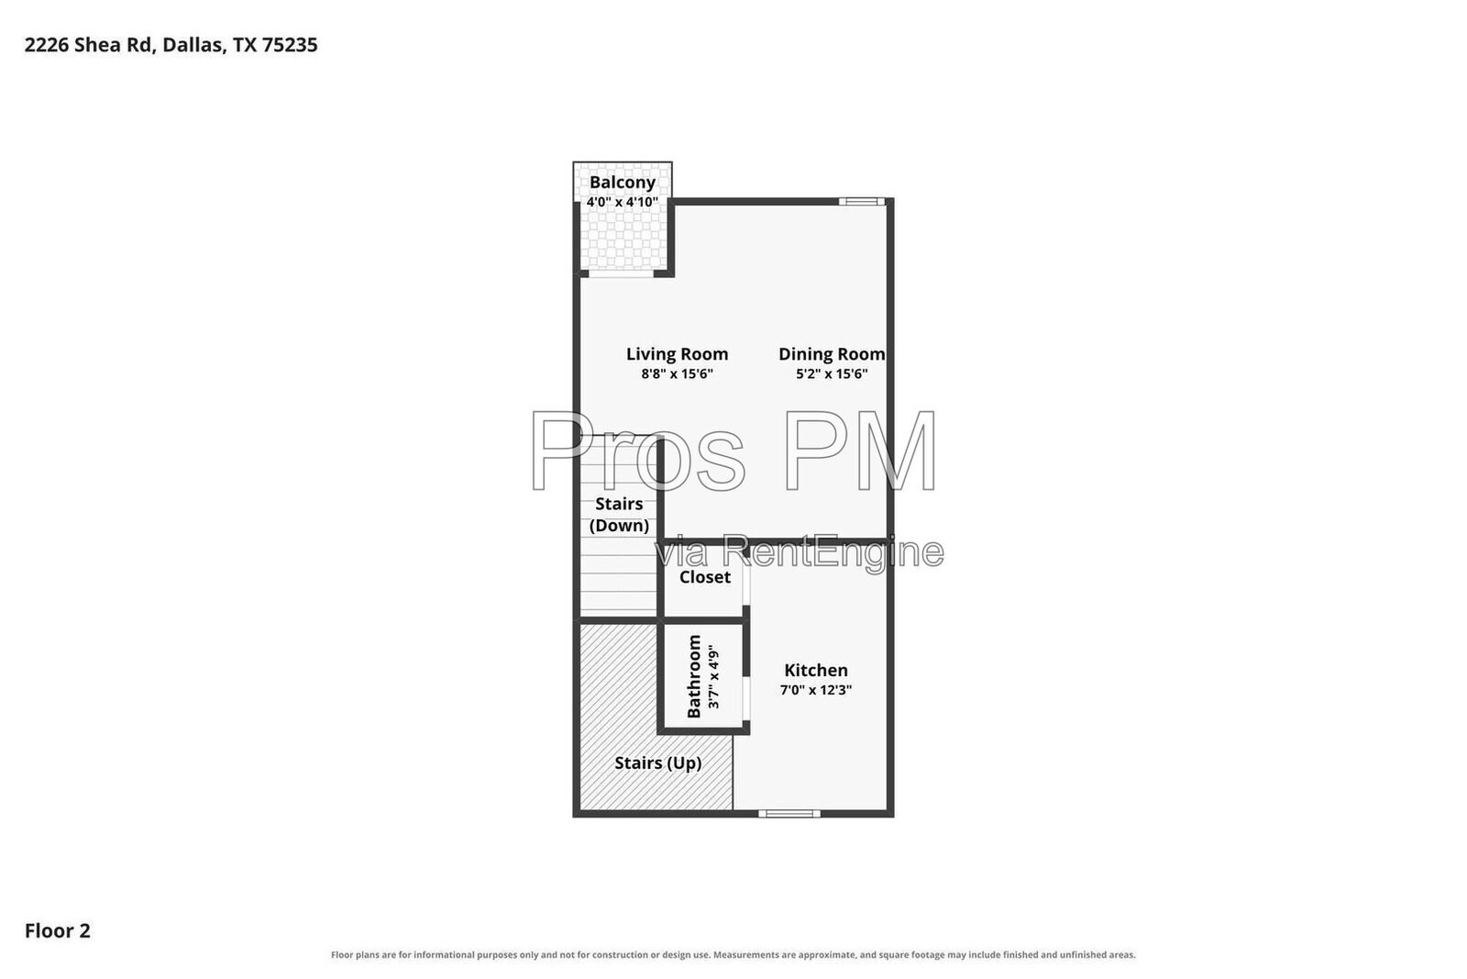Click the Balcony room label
pos(623,183)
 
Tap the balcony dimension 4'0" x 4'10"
pos(623,202)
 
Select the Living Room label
pos(678,354)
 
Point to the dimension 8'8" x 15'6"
pos(678,374)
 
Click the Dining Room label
pos(832,354)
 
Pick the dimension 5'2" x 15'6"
pos(832,374)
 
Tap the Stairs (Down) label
pos(619,515)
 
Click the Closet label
pos(705,577)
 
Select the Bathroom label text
pos(694,676)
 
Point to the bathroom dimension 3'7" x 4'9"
pos(714,677)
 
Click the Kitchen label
pos(816,671)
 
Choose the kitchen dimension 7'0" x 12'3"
pos(816,690)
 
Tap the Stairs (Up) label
pos(658,763)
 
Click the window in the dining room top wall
pos(862,202)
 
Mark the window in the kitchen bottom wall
pos(789,813)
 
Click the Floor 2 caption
pos(58,930)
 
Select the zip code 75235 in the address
pos(290,45)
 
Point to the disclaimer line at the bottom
pos(733,955)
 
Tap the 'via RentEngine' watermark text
pos(800,552)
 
